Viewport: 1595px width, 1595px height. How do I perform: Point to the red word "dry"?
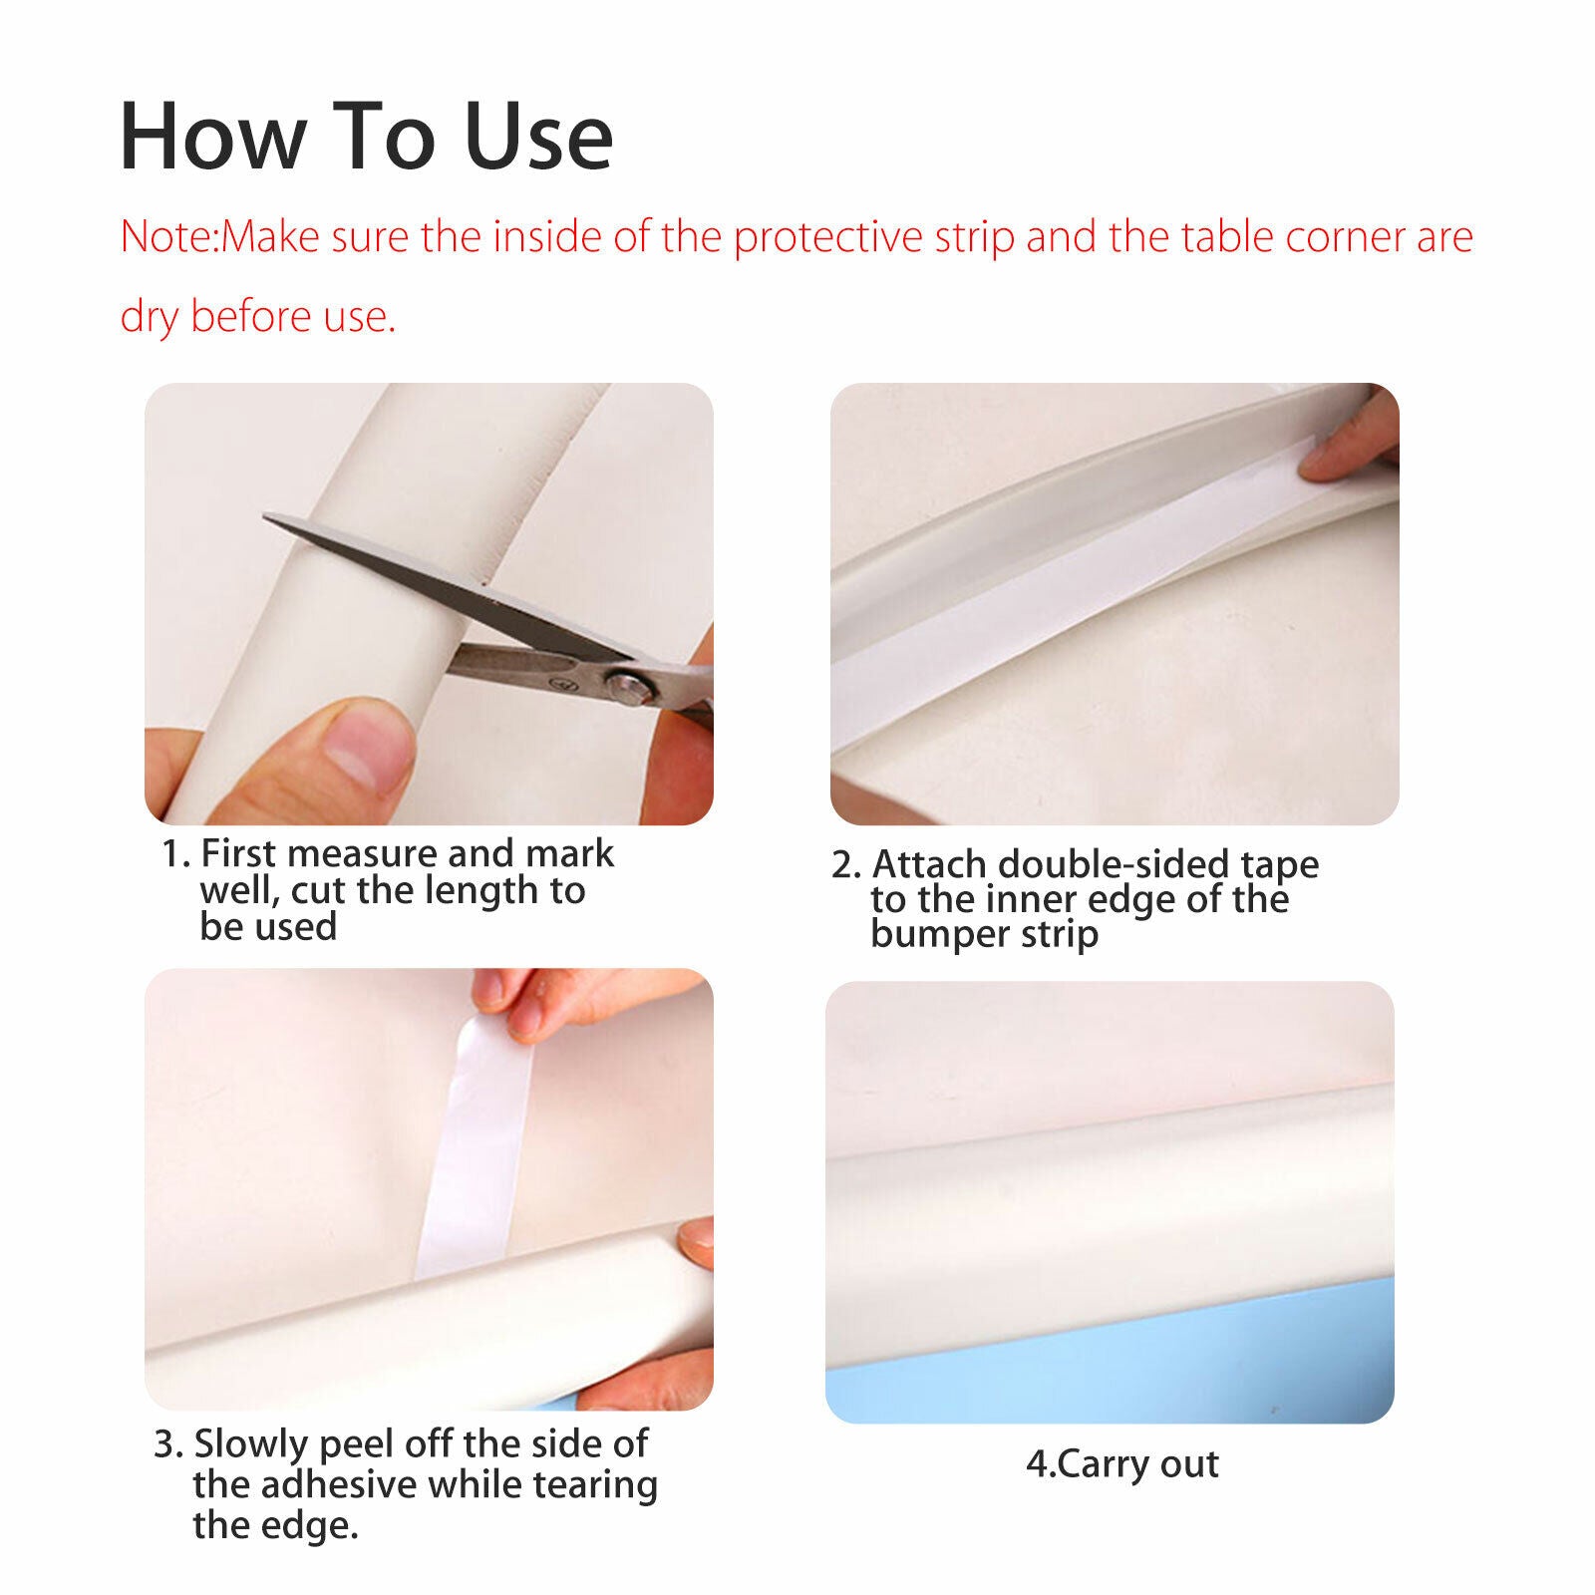150,317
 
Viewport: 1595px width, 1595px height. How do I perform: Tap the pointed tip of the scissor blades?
266,516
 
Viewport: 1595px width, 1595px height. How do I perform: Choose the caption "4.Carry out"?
1122,1464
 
